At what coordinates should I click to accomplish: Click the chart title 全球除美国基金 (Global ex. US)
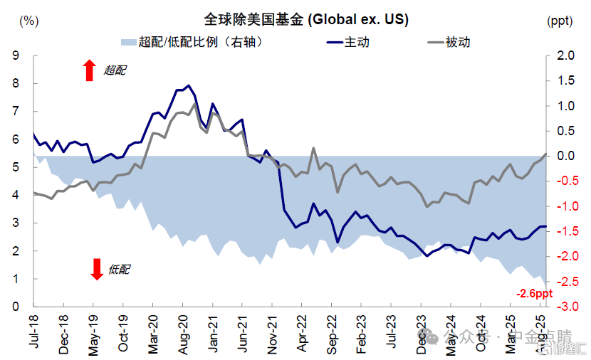click(305, 19)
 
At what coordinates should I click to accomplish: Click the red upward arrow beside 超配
click(89, 70)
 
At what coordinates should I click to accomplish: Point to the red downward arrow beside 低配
click(97, 269)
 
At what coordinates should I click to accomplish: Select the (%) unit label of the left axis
click(29, 20)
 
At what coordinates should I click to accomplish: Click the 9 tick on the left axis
click(15, 55)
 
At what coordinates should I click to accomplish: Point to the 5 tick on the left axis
click(15, 167)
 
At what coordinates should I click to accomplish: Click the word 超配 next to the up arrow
click(116, 70)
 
